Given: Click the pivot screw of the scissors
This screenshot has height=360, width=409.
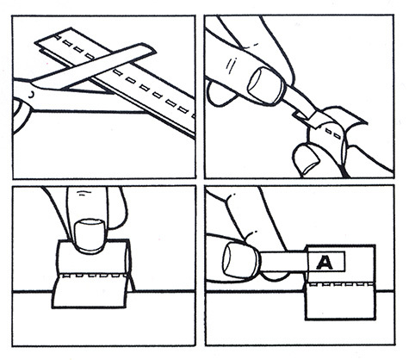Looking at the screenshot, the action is pos(31,94).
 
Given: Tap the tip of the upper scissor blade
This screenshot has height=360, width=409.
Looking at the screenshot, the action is pos(155,53).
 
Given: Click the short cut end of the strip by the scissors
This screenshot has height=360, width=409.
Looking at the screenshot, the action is pos(40,47).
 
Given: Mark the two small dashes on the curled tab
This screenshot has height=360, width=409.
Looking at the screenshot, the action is pos(333,133).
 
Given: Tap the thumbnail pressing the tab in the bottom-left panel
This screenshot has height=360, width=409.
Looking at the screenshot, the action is pos(89,236).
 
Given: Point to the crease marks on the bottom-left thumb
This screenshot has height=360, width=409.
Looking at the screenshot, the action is pos(83,193).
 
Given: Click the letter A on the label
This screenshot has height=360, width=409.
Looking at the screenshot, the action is pos(325,263).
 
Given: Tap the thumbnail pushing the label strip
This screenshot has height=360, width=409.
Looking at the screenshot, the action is pos(240,259).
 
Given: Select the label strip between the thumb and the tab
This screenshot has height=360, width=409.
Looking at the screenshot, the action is pos(282,261).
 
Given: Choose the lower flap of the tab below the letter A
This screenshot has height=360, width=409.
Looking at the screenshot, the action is pos(341,302).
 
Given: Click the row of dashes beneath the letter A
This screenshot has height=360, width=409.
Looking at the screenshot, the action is pos(341,285).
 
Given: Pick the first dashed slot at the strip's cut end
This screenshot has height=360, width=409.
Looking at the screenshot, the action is pos(57,38).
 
